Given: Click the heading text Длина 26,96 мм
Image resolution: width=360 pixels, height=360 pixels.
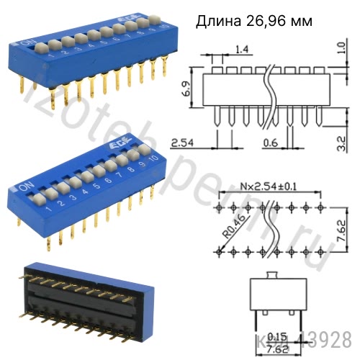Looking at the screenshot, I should pyautogui.click(x=254, y=22).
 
